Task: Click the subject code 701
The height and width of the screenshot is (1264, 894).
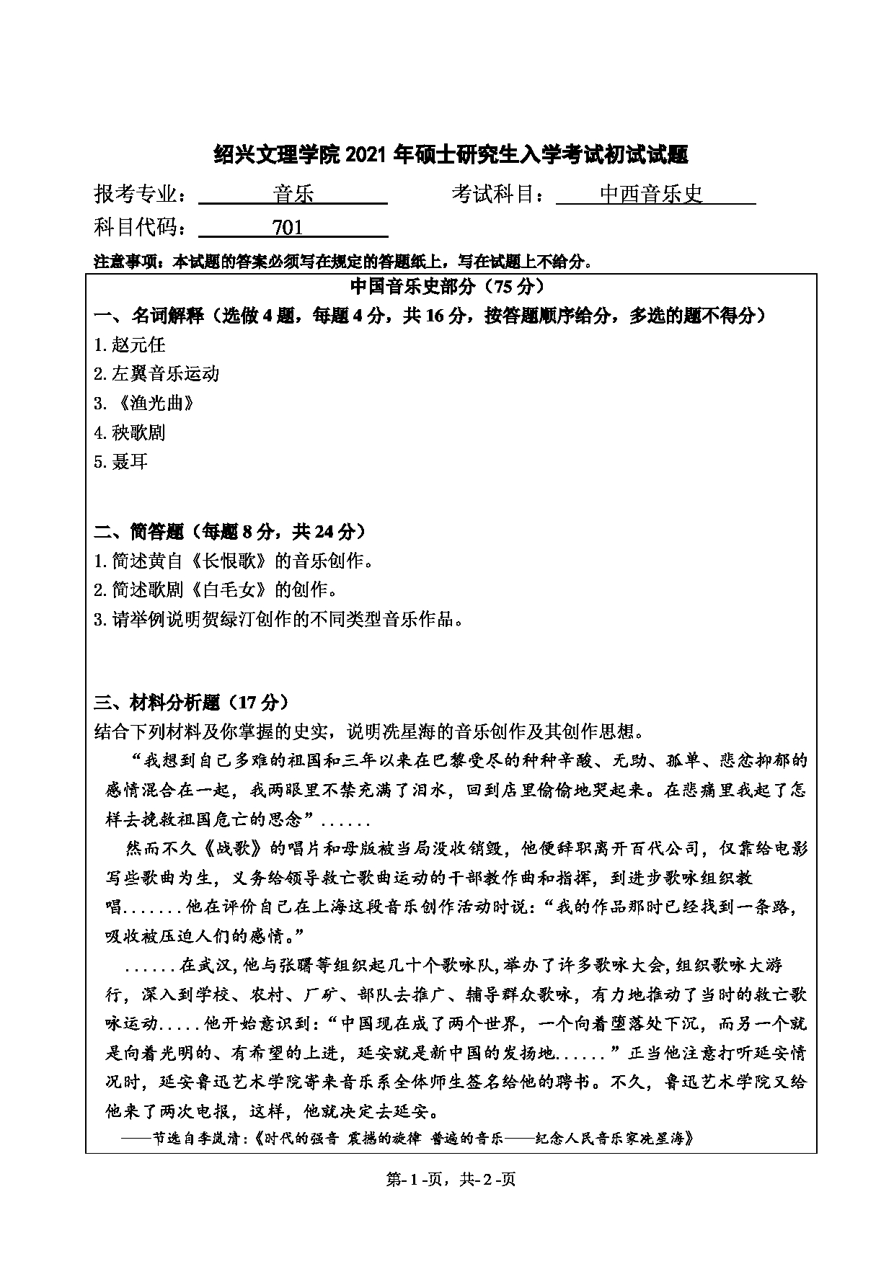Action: [288, 228]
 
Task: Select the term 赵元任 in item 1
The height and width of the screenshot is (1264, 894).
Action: [138, 344]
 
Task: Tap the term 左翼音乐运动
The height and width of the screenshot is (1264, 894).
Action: [165, 373]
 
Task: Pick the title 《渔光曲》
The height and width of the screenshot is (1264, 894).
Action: [153, 403]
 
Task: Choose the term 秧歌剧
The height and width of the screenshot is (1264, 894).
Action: [138, 432]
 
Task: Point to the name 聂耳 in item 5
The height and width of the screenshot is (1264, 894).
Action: [130, 461]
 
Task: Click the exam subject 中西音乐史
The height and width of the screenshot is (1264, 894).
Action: [651, 195]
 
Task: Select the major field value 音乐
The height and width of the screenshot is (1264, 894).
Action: [294, 195]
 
